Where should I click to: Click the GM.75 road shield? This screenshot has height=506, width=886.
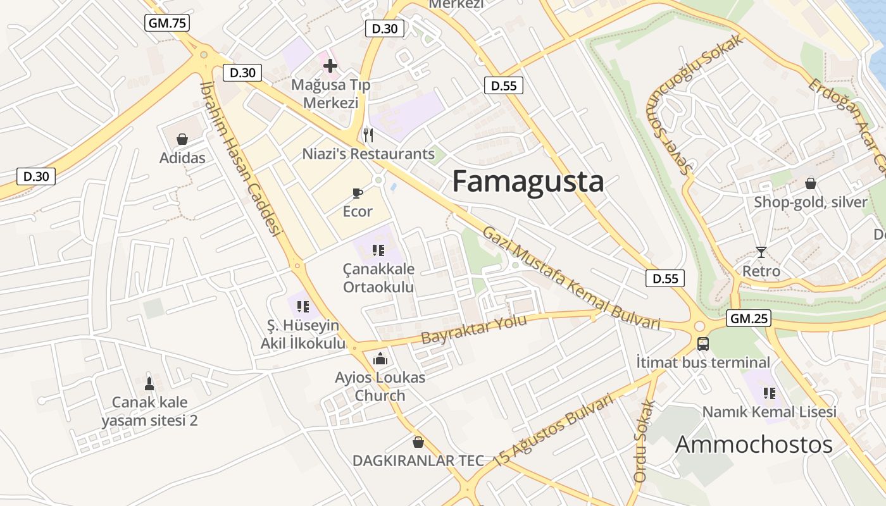tap(167, 23)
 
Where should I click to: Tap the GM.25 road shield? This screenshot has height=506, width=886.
tap(749, 318)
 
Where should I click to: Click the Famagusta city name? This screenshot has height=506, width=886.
tap(528, 182)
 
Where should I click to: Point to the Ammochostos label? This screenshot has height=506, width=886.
tap(754, 445)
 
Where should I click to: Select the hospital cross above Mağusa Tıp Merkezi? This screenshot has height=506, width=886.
tap(330, 65)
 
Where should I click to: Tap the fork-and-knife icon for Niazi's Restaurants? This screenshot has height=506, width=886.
tap(368, 135)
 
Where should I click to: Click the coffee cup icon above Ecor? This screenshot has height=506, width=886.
tap(358, 193)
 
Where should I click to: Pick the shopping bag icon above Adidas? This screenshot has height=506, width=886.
tap(182, 139)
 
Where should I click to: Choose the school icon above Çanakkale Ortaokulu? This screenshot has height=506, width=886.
tap(378, 250)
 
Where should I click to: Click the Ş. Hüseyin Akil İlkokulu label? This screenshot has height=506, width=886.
tap(303, 335)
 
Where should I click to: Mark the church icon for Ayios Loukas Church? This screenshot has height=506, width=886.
tap(380, 359)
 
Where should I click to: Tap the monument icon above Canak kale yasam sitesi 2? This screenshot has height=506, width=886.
tap(149, 383)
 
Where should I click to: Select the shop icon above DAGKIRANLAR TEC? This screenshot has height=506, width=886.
tap(418, 441)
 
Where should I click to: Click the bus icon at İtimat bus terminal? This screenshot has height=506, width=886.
tap(703, 344)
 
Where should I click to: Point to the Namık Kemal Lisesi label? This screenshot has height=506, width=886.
tap(769, 412)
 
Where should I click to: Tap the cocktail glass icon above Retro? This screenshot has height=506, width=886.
tap(761, 252)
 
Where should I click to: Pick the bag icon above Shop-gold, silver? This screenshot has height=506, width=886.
tap(810, 183)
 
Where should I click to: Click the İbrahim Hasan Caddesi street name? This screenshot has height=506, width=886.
tap(240, 158)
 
